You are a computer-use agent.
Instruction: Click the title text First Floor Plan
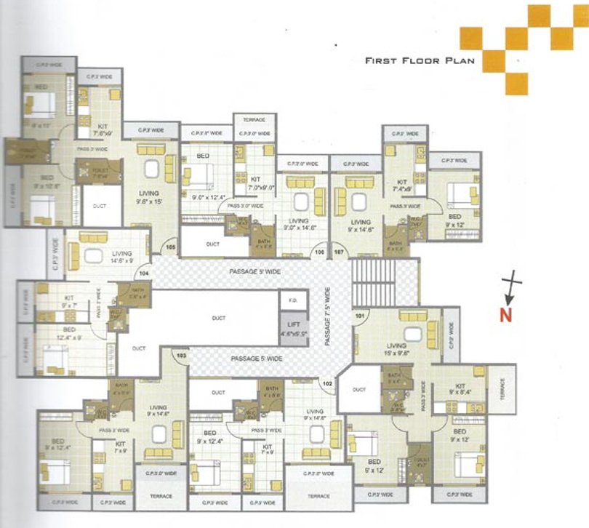pos(419,60)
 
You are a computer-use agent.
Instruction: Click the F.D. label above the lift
pos(293,300)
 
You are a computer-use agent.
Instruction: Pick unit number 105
pos(171,247)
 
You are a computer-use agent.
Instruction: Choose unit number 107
pos(339,252)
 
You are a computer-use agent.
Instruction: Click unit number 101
pos(358,316)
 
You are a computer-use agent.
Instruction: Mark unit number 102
pos(327,383)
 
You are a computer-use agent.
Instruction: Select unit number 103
pos(182,355)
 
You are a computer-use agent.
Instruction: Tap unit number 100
pos(319,252)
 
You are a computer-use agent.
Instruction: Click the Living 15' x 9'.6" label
pos(396,350)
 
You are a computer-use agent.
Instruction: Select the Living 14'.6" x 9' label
pos(101,256)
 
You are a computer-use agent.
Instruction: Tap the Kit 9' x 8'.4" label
pos(460,388)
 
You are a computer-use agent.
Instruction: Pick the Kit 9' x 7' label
pos(70,301)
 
